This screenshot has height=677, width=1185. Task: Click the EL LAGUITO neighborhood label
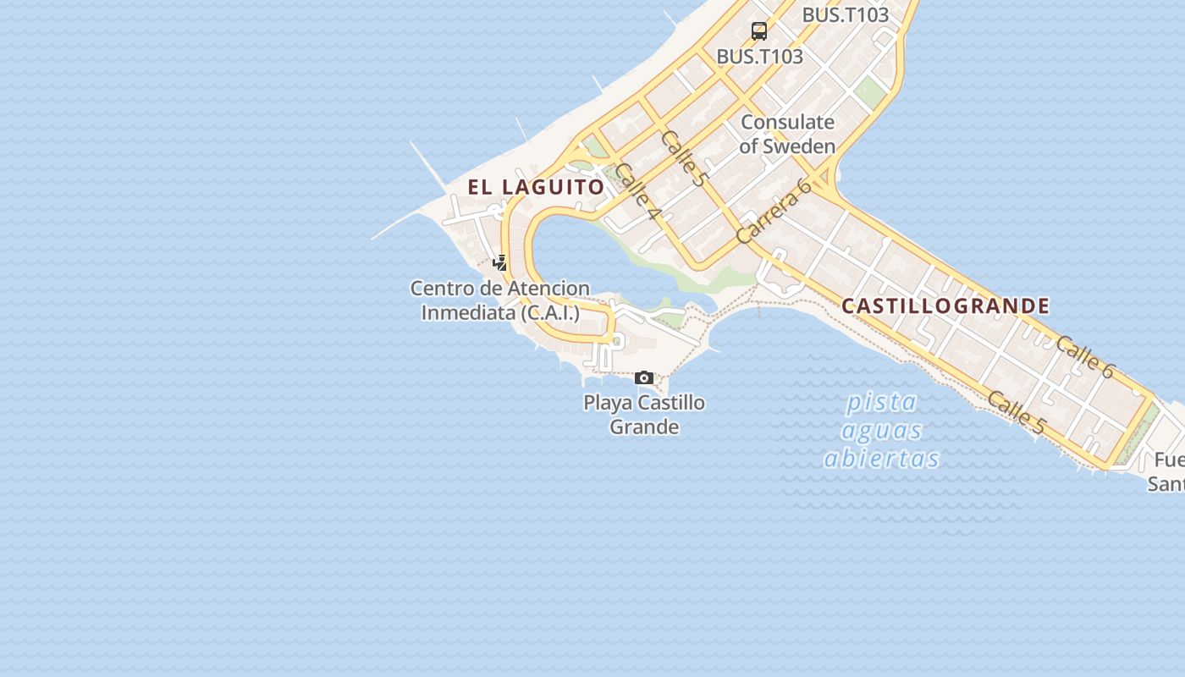536,187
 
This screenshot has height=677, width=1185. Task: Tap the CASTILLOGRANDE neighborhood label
945,305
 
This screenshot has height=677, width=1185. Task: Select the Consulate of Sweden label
787,134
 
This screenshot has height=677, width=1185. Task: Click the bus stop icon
759,31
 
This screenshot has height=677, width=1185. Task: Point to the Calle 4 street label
637,192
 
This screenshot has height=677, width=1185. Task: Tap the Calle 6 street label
1085,355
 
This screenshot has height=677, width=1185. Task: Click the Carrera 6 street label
774,212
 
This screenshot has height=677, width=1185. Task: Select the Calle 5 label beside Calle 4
683,158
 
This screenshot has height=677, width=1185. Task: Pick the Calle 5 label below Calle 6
1016,412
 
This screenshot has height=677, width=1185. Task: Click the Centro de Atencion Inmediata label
500,300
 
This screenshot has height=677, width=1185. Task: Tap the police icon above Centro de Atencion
500,263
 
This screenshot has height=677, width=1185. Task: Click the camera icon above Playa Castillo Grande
644,377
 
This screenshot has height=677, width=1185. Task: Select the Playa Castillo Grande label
644,414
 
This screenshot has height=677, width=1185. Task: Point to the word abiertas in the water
881,459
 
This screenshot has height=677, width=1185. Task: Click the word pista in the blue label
881,401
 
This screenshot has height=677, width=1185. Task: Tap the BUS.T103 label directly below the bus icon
759,57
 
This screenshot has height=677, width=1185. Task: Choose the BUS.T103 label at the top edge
845,14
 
